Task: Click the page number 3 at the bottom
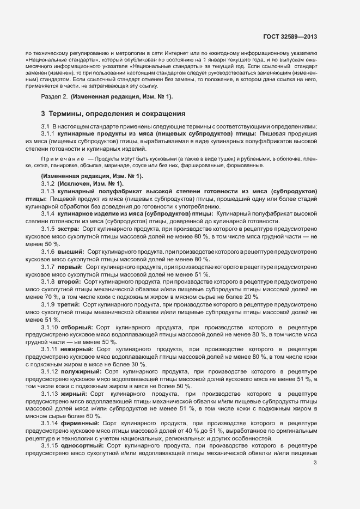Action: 315,463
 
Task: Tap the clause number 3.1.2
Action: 50,184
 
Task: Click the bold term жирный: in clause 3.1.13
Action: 76,394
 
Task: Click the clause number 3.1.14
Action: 52,423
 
